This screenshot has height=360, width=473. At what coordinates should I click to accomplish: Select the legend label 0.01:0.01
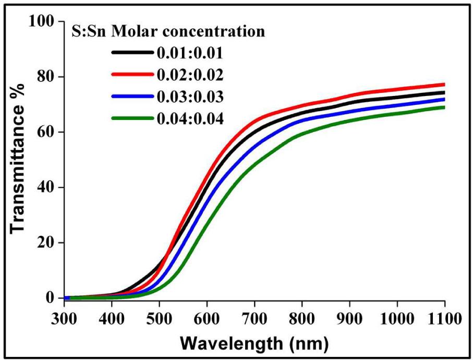click(189, 53)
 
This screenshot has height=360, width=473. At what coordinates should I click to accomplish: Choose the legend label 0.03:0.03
click(189, 97)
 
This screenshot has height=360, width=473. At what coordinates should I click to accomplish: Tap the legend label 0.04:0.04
click(189, 119)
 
